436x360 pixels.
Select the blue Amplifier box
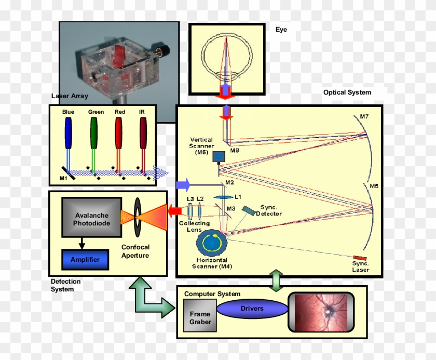[x=85, y=259]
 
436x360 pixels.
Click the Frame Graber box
[x=200, y=317]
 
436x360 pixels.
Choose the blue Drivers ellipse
[x=252, y=309]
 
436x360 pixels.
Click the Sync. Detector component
[x=249, y=210]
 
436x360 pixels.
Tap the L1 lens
[x=223, y=197]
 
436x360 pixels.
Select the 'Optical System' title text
[x=347, y=92]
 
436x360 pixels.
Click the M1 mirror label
[x=63, y=179]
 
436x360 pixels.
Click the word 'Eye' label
[x=281, y=30]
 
